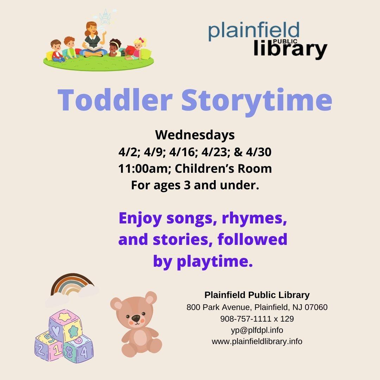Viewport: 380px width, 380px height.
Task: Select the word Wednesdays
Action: [195, 135]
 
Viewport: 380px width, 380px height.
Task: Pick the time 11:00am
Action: [144, 169]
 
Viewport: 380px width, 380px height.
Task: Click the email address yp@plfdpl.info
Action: [257, 330]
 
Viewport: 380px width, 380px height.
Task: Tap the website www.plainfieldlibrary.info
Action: [257, 341]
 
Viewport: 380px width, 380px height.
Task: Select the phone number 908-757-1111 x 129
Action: [257, 319]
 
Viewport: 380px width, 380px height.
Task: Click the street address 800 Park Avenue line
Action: [257, 307]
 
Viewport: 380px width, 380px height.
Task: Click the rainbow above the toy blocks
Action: [72, 285]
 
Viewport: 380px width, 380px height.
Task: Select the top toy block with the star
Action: [66, 325]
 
